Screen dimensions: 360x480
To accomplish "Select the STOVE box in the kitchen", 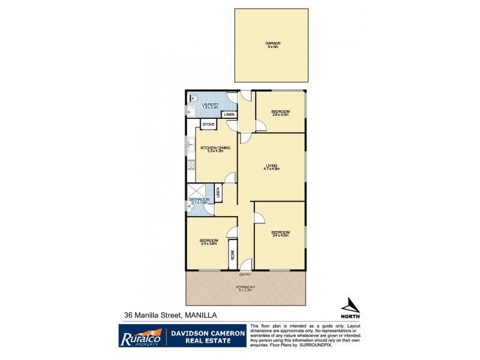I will pyautogui.click(x=208, y=124).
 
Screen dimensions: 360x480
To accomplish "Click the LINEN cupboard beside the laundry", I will pyautogui.click(x=229, y=115).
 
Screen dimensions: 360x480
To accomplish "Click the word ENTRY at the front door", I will pyautogui.click(x=245, y=274).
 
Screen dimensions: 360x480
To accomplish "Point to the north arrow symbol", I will pyautogui.click(x=350, y=305).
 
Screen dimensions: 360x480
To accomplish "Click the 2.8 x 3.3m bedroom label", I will pyautogui.click(x=280, y=112).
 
